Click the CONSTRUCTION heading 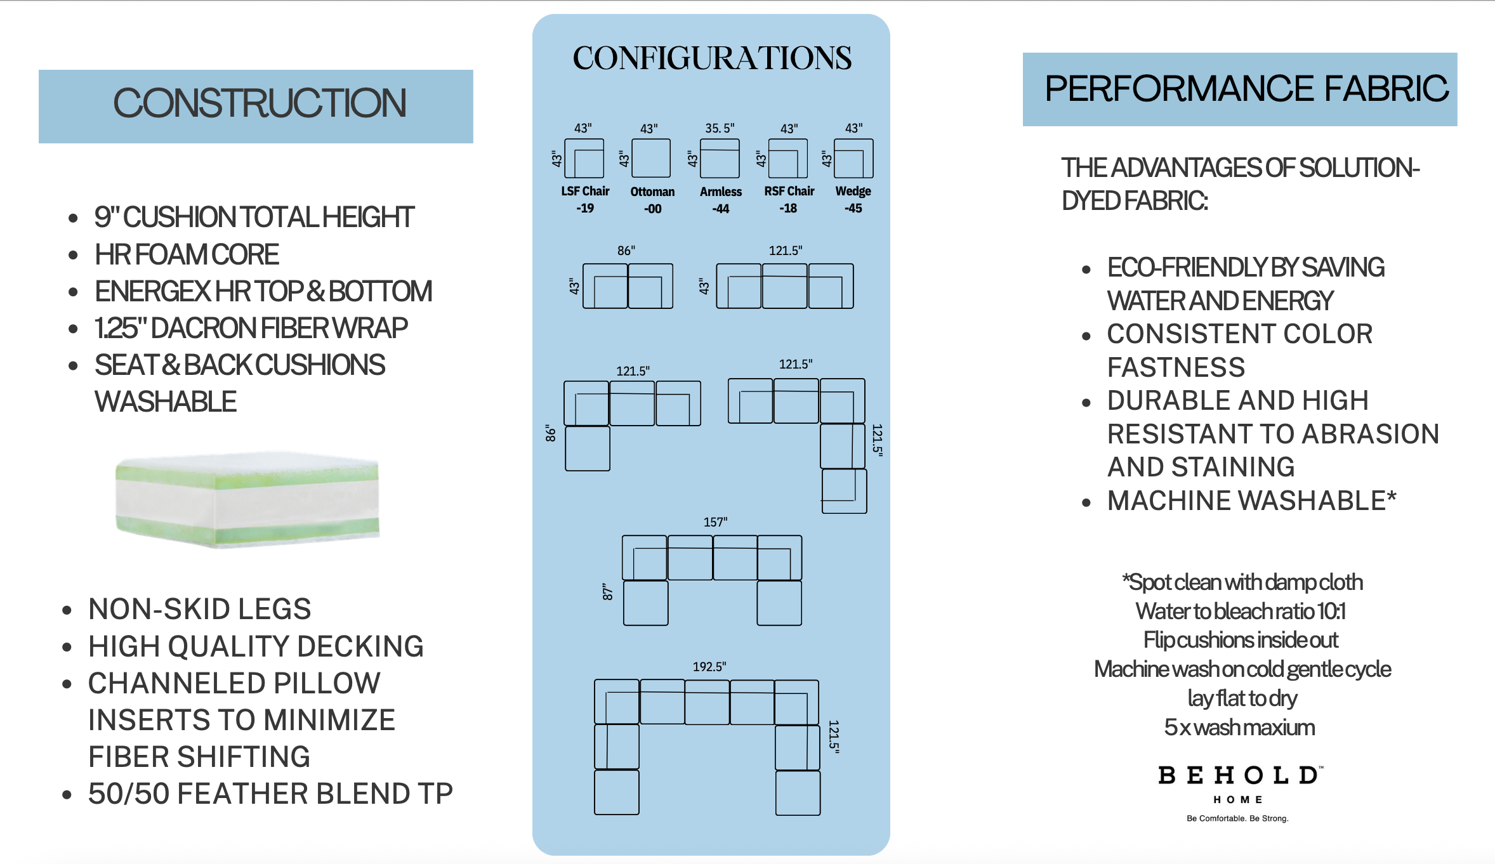[260, 103]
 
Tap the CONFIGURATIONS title [712, 58]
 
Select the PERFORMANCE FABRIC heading [1246, 88]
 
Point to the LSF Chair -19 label [585, 199]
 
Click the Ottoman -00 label [652, 200]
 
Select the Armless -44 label [721, 200]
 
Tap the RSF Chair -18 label [789, 199]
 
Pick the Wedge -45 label [853, 199]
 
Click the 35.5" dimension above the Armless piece [720, 128]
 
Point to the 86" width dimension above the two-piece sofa [626, 251]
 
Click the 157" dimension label [715, 522]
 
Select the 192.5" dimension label [709, 667]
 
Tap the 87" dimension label [608, 592]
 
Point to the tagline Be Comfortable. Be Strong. [1237, 818]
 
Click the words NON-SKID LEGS [200, 609]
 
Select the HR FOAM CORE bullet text [187, 254]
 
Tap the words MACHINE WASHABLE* [1252, 501]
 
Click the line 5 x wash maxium [1239, 727]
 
